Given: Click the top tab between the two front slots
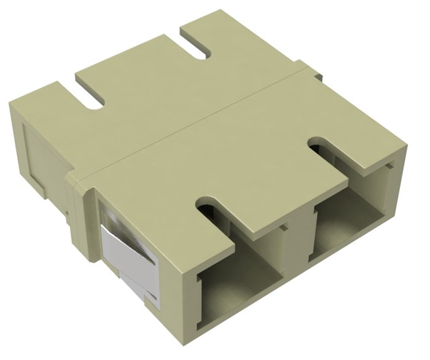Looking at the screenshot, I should pyautogui.click(x=270, y=184).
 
